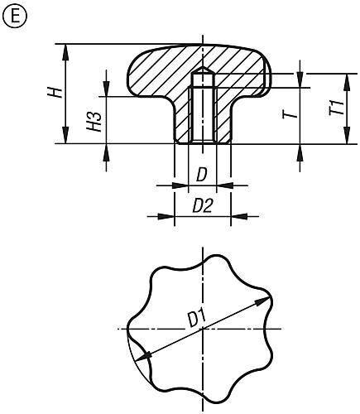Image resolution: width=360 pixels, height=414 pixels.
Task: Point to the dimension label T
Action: tap(290, 114)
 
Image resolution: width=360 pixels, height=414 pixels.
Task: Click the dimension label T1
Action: tap(334, 108)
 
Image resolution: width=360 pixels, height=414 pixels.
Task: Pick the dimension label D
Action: tap(201, 175)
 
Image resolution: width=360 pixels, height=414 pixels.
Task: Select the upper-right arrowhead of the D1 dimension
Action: tap(266, 300)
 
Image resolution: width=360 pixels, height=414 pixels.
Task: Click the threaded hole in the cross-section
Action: tap(201, 116)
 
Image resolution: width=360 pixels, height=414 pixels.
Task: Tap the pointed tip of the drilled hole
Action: tap(201, 72)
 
